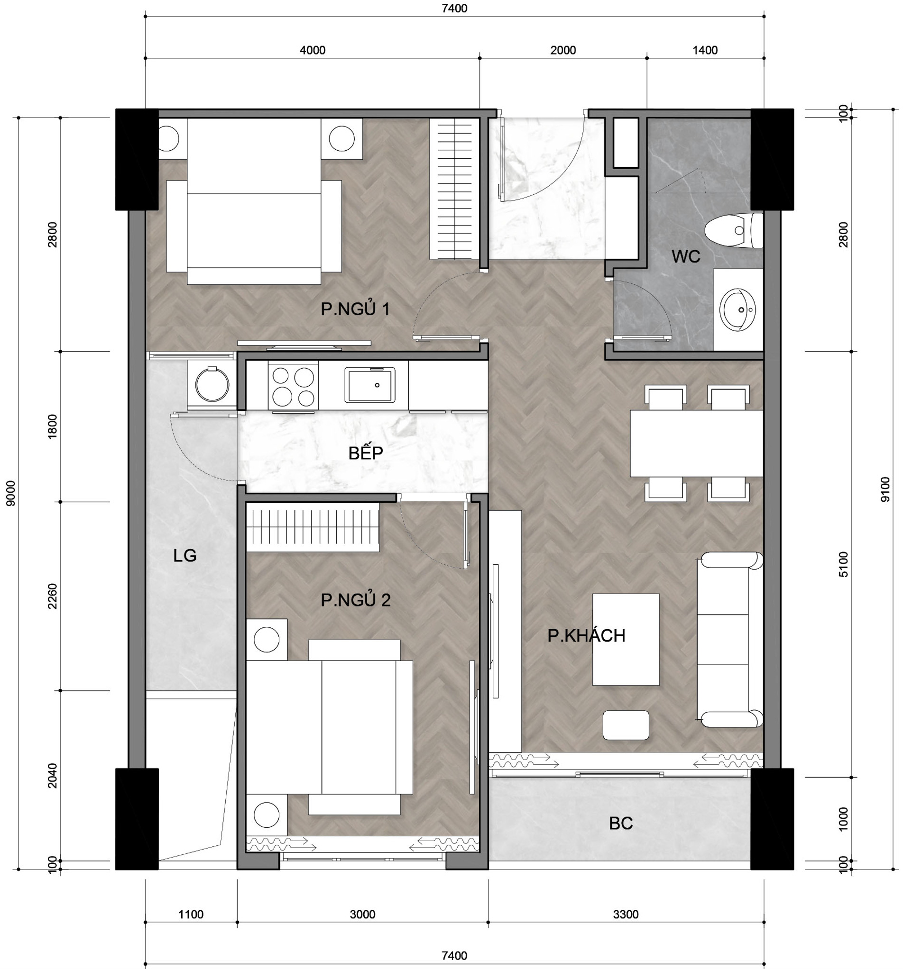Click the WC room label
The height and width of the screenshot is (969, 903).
tap(685, 257)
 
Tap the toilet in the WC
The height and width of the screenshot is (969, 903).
tap(733, 230)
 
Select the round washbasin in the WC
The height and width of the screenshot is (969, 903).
tap(738, 309)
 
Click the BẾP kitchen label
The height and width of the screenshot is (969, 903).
tap(365, 453)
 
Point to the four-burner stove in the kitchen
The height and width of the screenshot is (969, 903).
tap(293, 386)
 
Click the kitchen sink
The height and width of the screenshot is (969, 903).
tap(370, 385)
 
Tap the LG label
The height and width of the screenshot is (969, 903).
tap(184, 556)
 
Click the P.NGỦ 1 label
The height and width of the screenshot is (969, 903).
tap(355, 309)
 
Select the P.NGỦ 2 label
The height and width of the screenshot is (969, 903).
tap(356, 600)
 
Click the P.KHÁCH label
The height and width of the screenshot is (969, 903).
tap(586, 635)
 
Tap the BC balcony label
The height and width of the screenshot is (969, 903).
tap(620, 823)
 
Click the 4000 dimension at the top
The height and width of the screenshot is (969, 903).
tap(312, 50)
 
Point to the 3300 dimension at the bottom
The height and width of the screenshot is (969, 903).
tap(626, 915)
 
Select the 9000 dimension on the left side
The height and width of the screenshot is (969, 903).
tap(11, 493)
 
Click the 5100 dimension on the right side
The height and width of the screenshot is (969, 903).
tap(844, 564)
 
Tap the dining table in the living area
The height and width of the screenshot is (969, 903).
tap(696, 443)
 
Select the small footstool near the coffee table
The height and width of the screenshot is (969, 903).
tap(626, 725)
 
